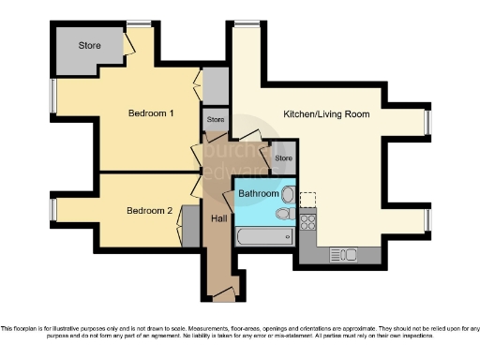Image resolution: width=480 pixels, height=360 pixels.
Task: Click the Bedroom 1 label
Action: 150,113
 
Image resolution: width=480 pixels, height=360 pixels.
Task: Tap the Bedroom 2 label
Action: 149,211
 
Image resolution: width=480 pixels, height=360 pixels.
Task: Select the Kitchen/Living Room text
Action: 326,114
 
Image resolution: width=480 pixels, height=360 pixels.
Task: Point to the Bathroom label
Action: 258,194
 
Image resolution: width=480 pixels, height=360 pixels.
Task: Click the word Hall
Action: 217,217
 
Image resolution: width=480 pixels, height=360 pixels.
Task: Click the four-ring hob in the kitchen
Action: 308,221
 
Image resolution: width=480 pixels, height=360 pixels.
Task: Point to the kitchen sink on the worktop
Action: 339,254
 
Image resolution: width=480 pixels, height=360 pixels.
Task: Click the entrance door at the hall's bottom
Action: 223,295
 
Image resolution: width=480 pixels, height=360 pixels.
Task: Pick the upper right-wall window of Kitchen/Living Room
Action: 427,124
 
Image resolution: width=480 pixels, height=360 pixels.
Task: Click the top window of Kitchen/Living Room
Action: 247,23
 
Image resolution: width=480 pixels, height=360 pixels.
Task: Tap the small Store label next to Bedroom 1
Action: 216,120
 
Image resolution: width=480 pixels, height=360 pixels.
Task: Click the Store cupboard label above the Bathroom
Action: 283,158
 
